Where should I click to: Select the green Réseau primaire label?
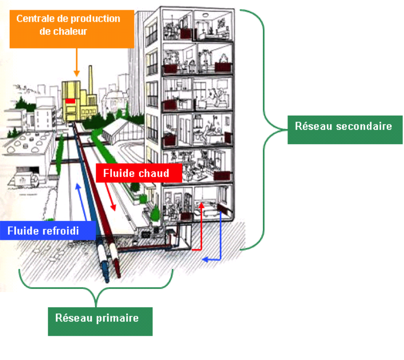100,321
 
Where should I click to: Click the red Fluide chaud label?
139,173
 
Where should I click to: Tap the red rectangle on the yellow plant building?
70,101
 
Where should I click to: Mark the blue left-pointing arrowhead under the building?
205,260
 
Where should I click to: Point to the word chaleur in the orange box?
68,31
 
